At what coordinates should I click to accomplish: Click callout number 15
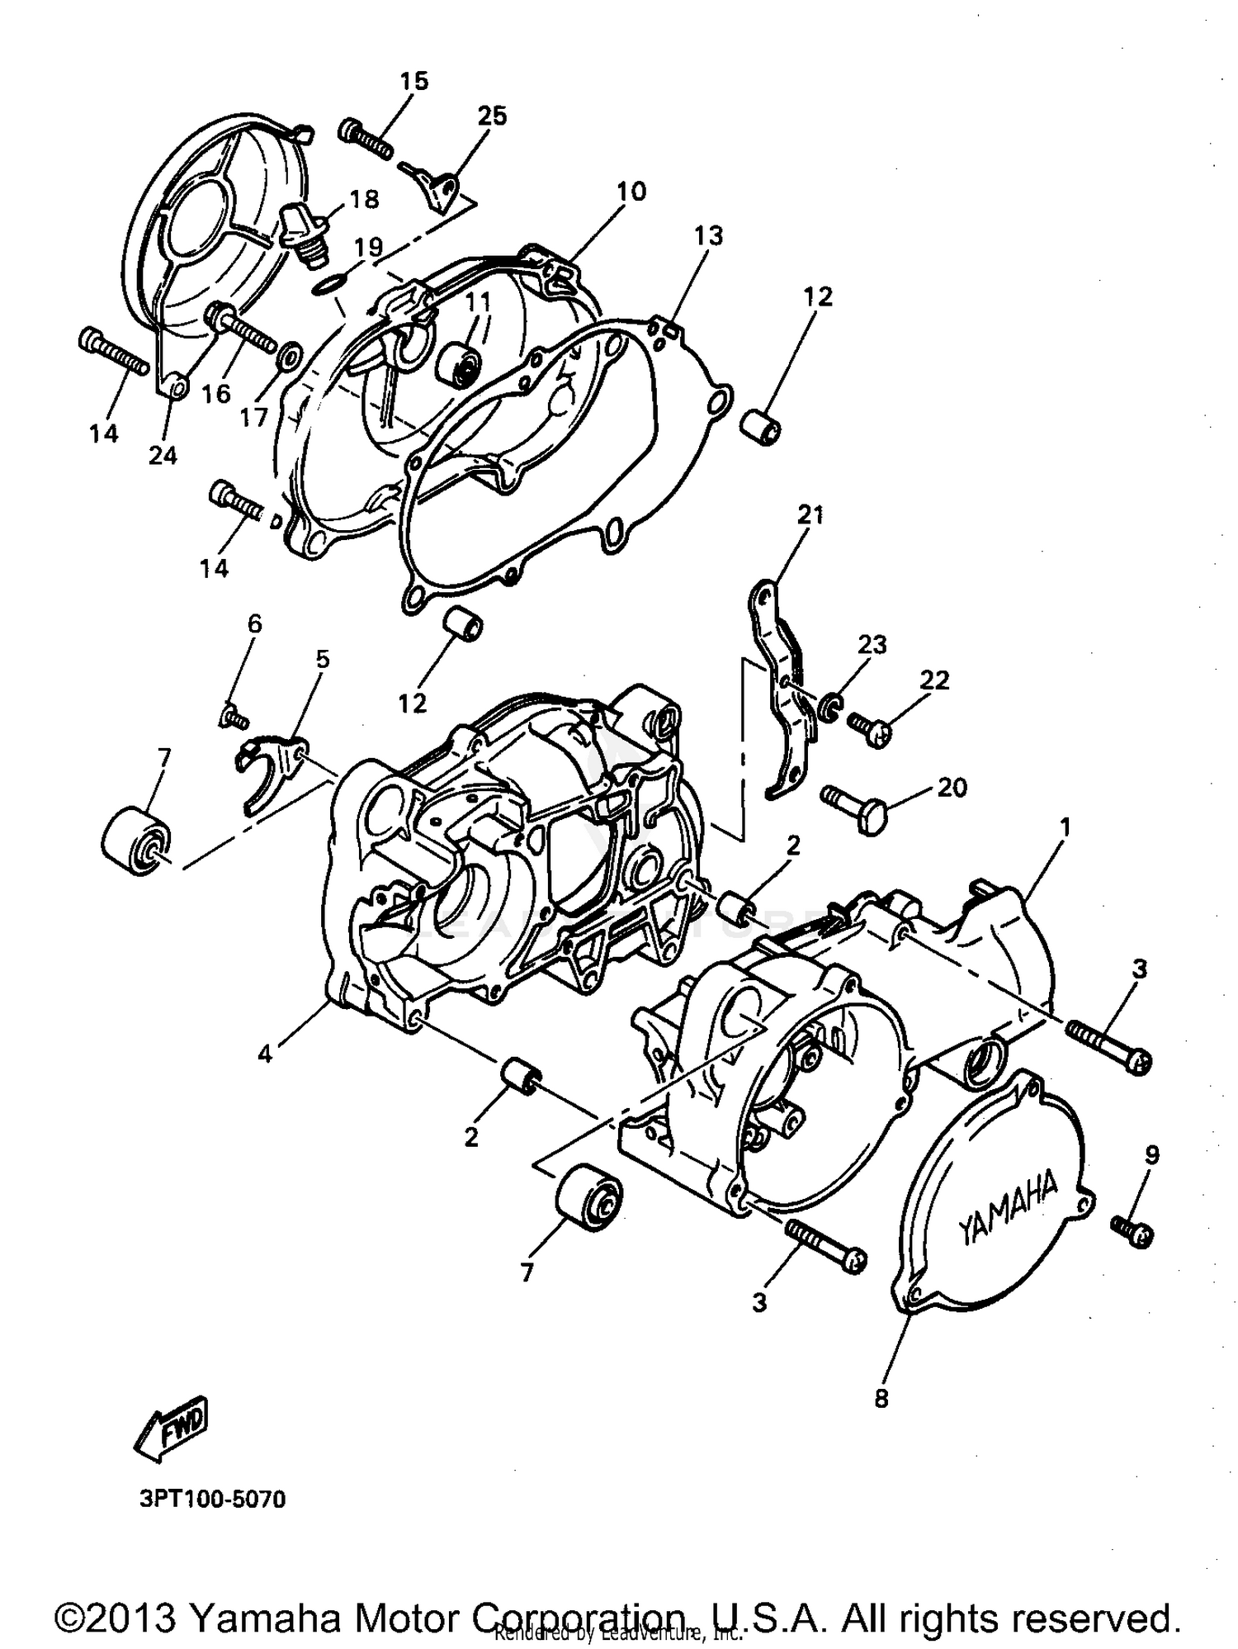[x=414, y=81]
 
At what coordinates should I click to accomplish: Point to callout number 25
[x=492, y=116]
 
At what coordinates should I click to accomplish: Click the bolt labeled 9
[x=1132, y=1230]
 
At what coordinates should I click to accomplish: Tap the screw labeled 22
[x=869, y=727]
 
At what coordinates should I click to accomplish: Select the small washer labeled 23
[x=829, y=704]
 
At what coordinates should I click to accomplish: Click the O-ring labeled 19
[x=328, y=285]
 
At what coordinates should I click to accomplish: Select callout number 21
[x=810, y=515]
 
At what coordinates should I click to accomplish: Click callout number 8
[x=881, y=1399]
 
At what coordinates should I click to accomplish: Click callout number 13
[x=708, y=235]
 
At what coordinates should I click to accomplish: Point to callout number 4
[x=264, y=1054]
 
